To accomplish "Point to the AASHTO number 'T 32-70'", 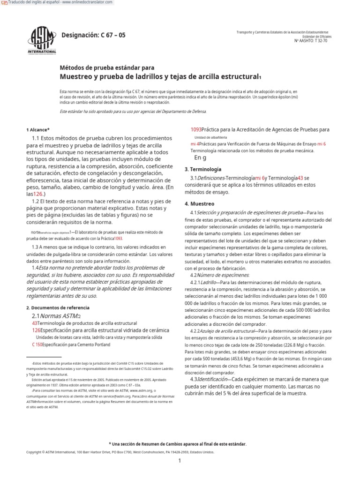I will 321,41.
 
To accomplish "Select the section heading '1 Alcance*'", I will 38,129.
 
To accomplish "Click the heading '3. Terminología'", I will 202,169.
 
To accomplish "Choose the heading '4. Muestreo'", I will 199,204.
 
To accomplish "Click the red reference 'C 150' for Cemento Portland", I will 37,345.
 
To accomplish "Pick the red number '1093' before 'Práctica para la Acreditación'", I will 196,129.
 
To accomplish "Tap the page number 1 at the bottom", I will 180,461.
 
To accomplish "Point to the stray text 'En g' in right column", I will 200,158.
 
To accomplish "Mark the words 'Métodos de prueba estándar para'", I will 107,67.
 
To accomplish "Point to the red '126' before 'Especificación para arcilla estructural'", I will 37,330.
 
